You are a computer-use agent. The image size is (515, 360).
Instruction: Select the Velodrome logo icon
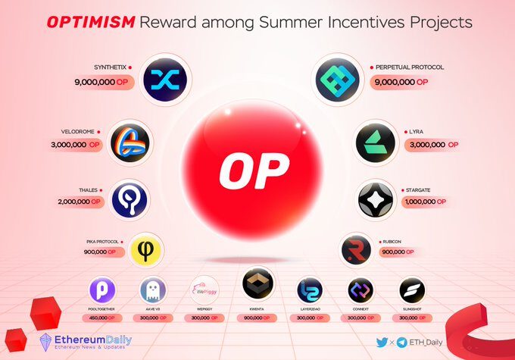pos(130,142)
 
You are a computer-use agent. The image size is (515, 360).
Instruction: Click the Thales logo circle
pos(129,199)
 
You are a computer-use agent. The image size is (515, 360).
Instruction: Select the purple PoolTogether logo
pos(102,291)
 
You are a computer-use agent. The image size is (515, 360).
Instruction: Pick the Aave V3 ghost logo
pos(152,291)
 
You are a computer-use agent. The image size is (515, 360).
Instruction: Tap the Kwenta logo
pos(257,285)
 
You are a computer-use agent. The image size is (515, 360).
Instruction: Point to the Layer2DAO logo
pos(309,291)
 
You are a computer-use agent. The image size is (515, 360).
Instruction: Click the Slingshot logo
pos(410,291)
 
